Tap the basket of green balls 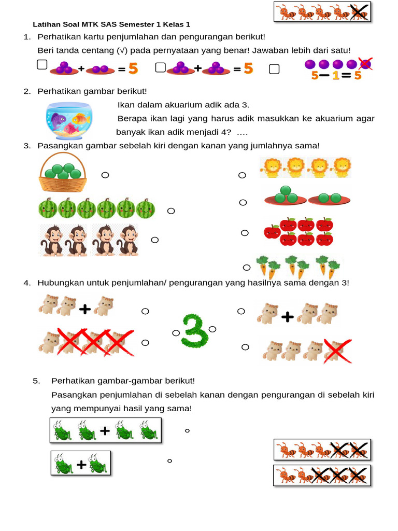click(x=63, y=175)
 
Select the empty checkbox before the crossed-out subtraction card click(x=274, y=69)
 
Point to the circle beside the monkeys click(x=154, y=240)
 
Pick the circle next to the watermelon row click(x=171, y=211)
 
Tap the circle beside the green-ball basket click(x=105, y=175)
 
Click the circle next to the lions click(x=242, y=176)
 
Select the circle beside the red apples click(x=245, y=233)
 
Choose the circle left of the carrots click(x=247, y=268)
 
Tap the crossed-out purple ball click(x=365, y=64)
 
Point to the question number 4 click(x=26, y=283)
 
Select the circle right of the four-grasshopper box click(x=187, y=430)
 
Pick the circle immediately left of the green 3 click(x=176, y=332)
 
